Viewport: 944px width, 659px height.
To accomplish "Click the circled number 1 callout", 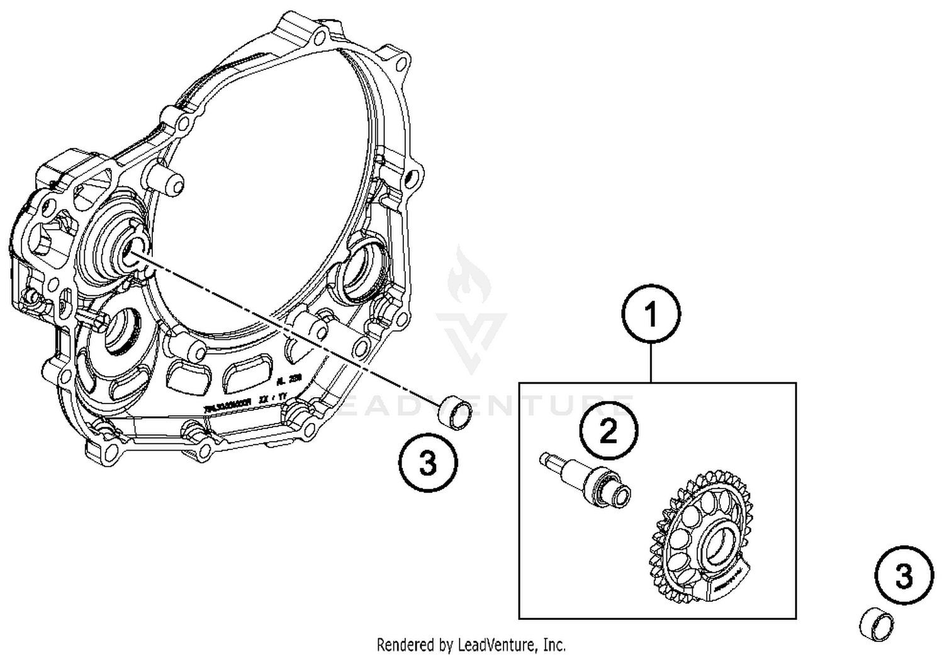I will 651,314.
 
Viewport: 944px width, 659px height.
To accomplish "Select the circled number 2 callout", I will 608,431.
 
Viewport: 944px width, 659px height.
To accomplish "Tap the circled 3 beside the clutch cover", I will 428,465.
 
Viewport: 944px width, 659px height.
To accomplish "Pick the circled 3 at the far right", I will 904,576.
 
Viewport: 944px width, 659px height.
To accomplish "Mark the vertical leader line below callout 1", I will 651,363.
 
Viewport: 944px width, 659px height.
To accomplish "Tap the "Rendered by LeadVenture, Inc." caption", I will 471,645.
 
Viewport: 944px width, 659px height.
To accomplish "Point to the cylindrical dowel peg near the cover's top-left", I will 170,182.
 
